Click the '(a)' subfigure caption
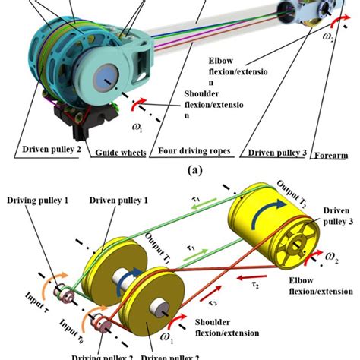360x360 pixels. pyautogui.click(x=180, y=172)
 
